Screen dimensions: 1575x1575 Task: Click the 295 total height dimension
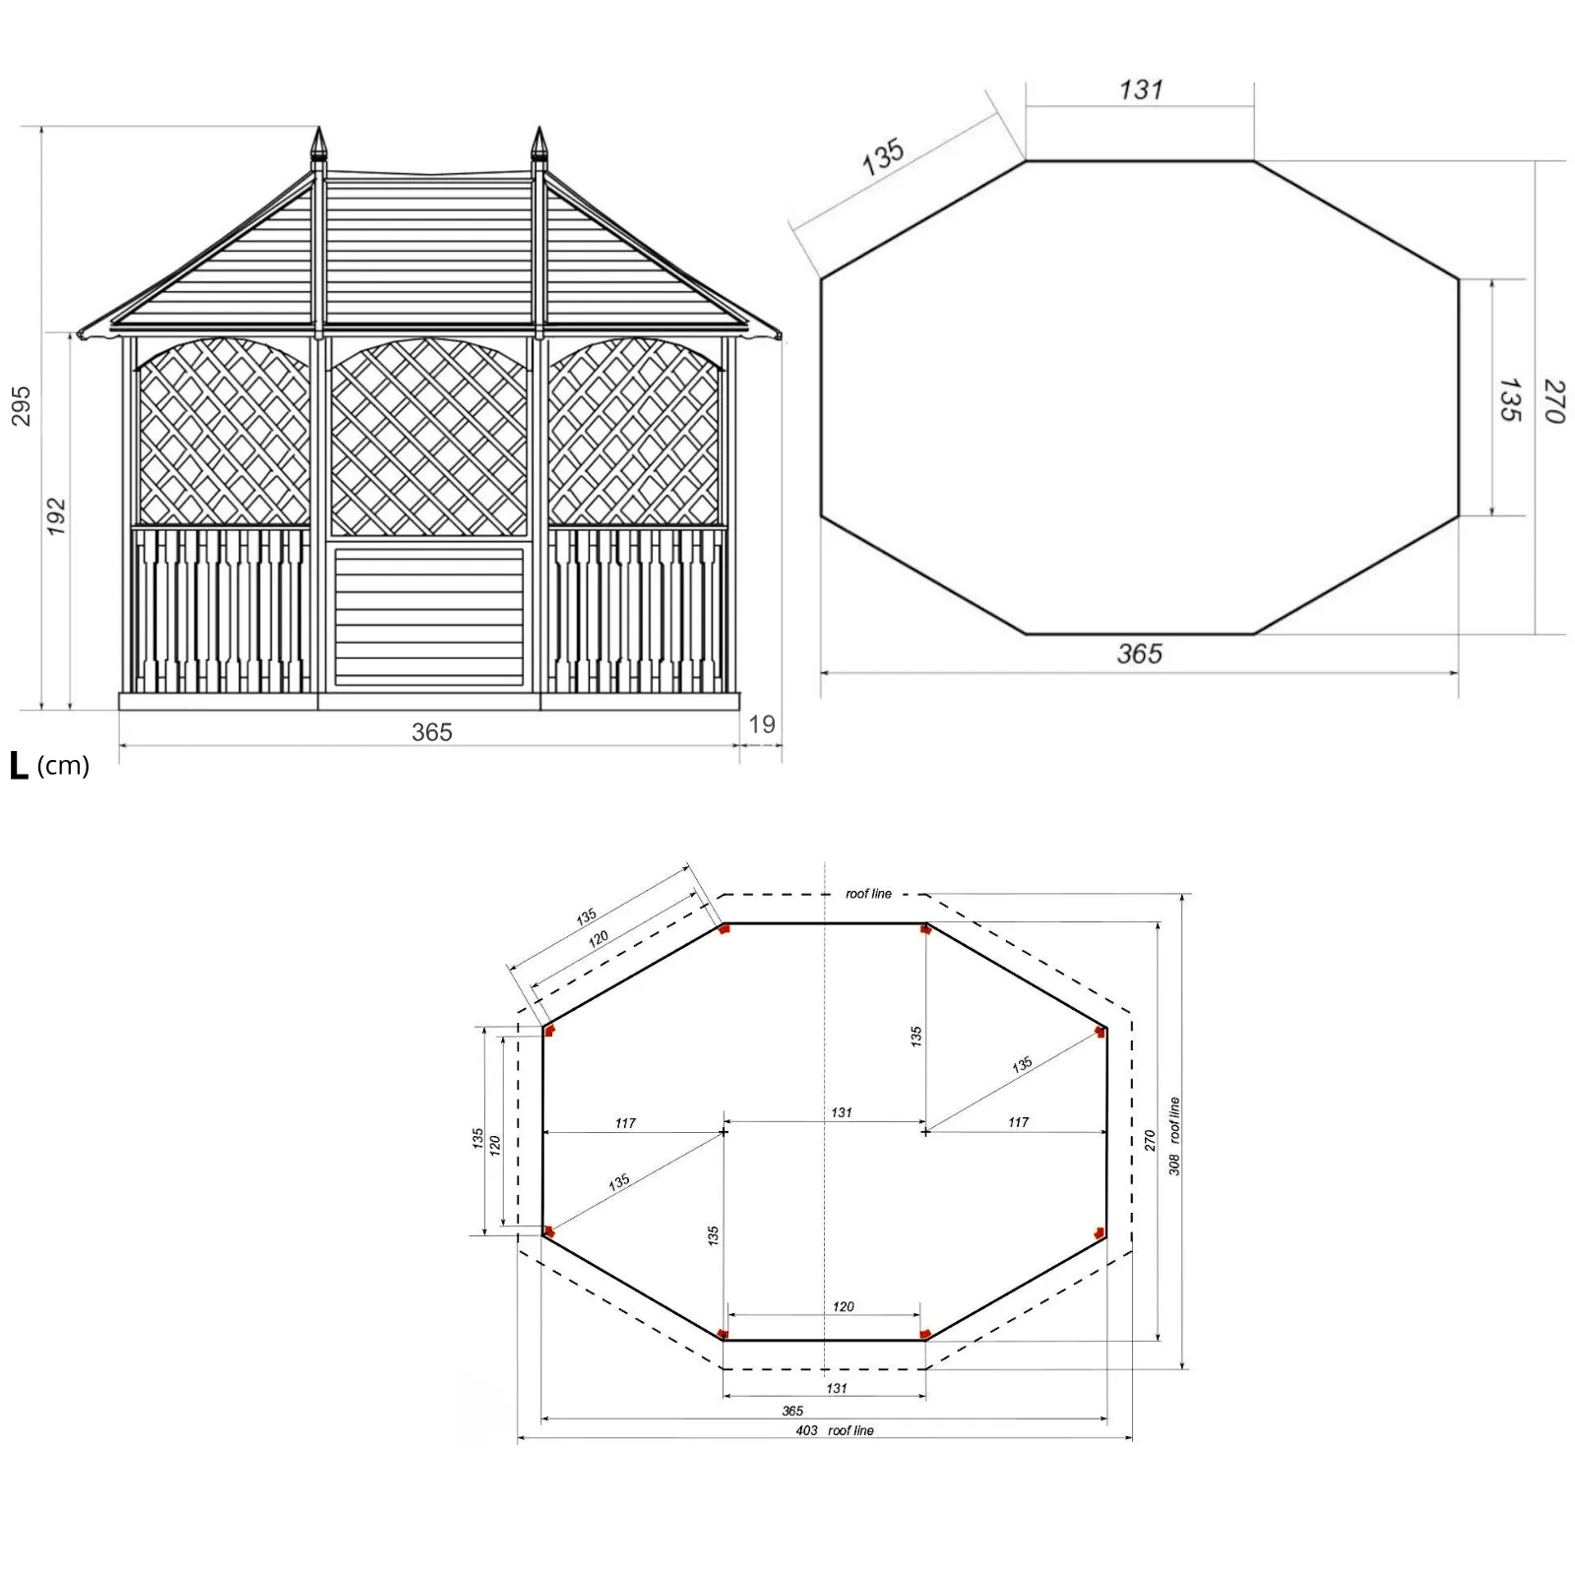point(21,406)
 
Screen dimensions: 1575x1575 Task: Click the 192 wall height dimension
point(56,516)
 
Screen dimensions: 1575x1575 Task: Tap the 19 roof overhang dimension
point(762,724)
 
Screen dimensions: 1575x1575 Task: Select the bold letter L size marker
point(19,766)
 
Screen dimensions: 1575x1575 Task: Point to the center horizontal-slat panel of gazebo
point(428,617)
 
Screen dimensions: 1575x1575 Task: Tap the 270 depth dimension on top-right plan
point(1552,401)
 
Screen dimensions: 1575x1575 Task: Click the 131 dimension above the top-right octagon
point(1141,91)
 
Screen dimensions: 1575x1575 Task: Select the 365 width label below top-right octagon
point(1139,654)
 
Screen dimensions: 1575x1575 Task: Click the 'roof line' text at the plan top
point(868,894)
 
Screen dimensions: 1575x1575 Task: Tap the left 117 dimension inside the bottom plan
point(625,1123)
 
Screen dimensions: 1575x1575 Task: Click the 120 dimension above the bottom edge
point(843,1306)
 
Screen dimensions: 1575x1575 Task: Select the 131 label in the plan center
point(841,1112)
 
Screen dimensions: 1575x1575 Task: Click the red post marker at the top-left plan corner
point(724,928)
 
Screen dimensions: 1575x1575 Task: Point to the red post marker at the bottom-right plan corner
point(924,1334)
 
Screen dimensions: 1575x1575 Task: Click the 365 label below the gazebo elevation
point(431,732)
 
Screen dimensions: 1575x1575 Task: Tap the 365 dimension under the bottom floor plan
point(792,1411)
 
